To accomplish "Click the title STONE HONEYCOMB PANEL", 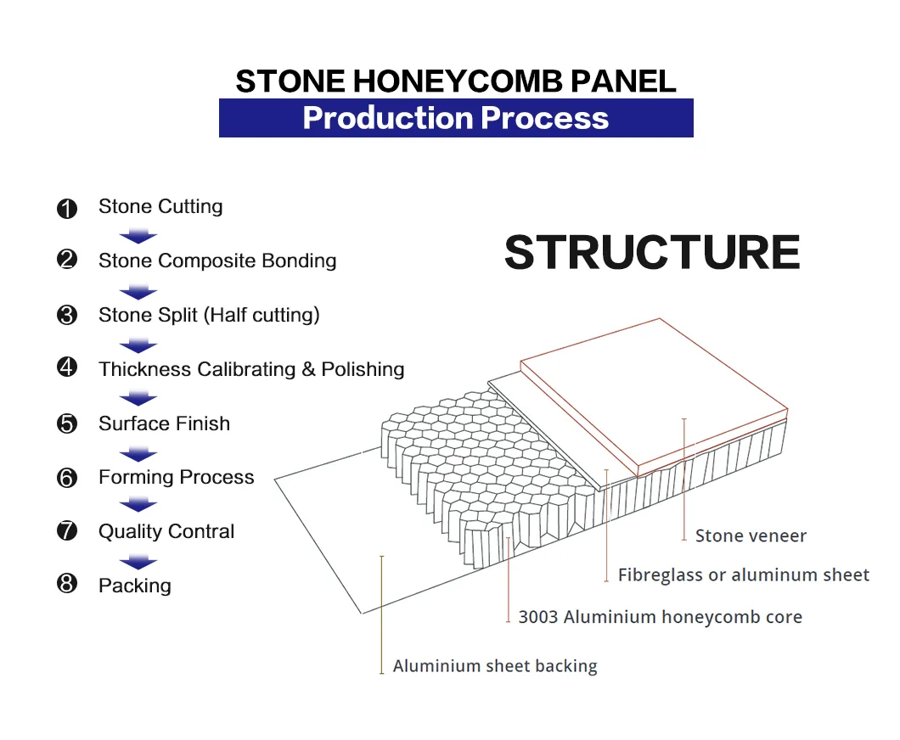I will tap(456, 81).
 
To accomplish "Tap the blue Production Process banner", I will tap(456, 118).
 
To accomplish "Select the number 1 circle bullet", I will tap(67, 208).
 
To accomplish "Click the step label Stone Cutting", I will tap(160, 207).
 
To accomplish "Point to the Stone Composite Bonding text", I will tap(217, 261).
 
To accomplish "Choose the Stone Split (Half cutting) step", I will tap(209, 315).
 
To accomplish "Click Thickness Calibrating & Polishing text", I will tap(251, 369).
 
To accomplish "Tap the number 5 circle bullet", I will tap(67, 423).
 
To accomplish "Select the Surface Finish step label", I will tap(164, 423).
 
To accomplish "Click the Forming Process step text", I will tap(176, 477).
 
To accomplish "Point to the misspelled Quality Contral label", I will tap(166, 531).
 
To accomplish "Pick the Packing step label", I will tap(134, 586).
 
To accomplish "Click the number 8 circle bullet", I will tap(67, 585).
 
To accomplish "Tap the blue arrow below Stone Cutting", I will tap(138, 236).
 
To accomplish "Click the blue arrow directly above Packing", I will tap(138, 561).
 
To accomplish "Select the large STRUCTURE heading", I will tap(652, 252).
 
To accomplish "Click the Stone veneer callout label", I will tap(751, 535).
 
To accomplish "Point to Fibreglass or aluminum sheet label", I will tap(743, 575).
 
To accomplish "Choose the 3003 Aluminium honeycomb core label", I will tap(660, 617).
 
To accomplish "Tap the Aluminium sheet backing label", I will tap(495, 666).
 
